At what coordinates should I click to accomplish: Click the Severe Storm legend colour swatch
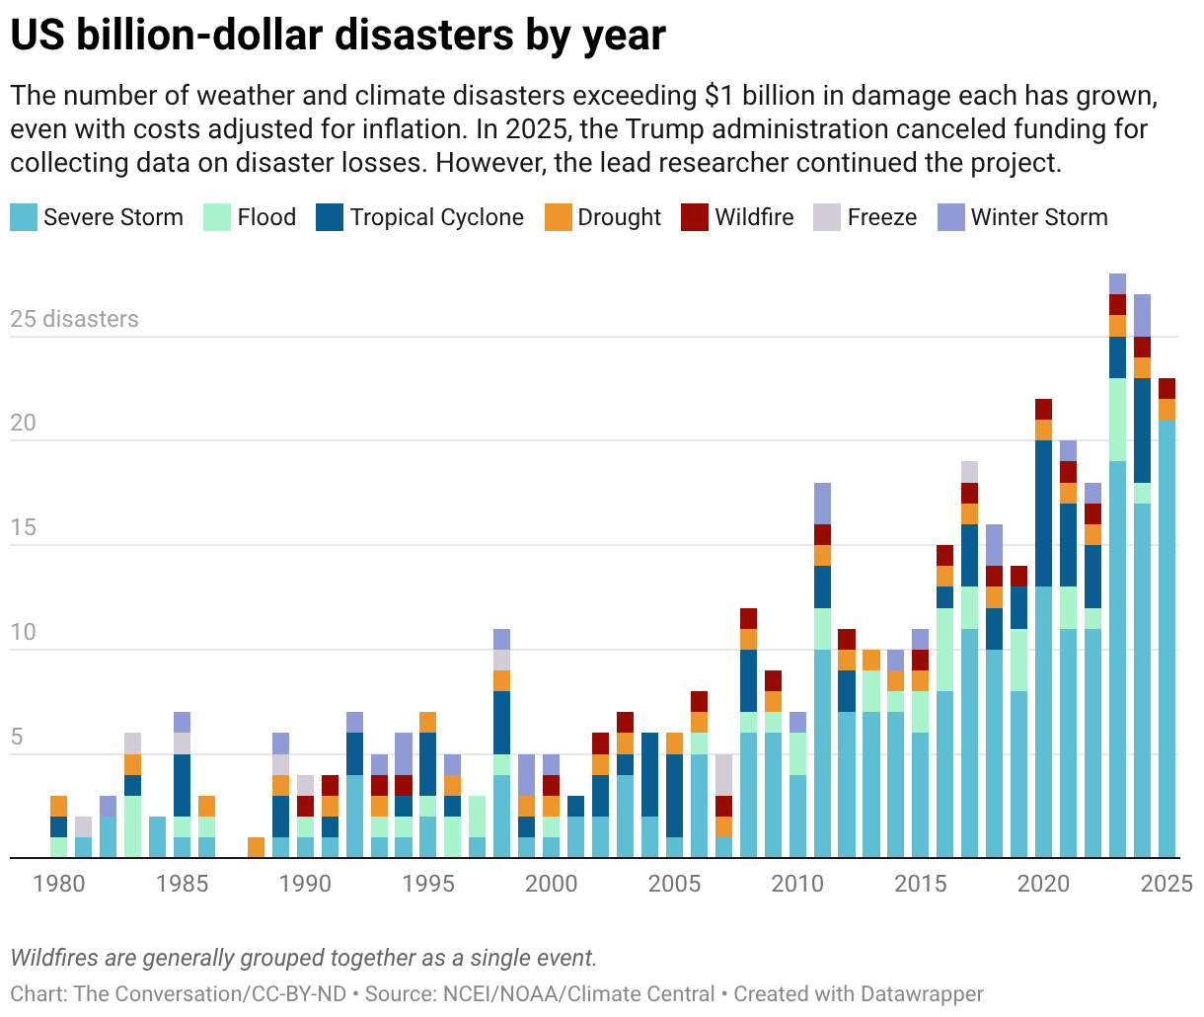point(24,217)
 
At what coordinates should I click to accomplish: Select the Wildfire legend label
point(754,217)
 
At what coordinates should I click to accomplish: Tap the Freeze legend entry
point(881,217)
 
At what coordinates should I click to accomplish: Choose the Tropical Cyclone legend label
point(436,217)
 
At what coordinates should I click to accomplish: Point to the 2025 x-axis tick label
point(1167,884)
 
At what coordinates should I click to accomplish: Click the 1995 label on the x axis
point(428,884)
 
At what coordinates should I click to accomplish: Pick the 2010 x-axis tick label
point(797,884)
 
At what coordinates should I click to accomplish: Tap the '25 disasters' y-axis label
point(75,319)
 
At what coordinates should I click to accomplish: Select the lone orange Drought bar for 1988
point(256,847)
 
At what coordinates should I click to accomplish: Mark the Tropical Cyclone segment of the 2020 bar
point(1044,512)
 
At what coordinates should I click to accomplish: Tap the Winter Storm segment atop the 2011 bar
point(822,503)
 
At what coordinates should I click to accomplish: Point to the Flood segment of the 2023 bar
point(1118,420)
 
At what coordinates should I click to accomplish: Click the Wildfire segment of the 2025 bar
point(1167,388)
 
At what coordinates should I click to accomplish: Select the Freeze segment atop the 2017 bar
point(970,471)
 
